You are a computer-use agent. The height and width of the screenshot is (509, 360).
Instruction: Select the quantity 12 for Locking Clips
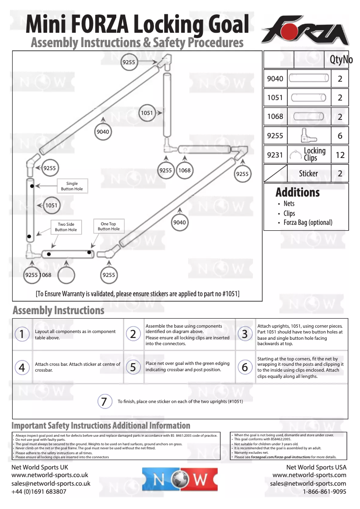pos(340,155)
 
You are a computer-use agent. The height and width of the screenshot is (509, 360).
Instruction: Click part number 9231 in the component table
pos(275,155)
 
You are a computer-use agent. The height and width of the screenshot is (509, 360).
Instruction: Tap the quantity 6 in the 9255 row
pos(340,136)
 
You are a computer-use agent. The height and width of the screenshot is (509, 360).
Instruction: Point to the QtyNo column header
pos(341,60)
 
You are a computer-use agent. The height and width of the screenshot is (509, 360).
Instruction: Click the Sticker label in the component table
pos(308,174)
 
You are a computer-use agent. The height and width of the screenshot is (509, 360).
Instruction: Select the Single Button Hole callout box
pos(72,186)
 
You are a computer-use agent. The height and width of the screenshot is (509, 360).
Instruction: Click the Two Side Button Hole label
pos(66,227)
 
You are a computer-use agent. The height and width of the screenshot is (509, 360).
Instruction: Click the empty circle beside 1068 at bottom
pos(66,275)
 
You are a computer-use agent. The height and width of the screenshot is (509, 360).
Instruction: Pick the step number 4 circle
pos(22,367)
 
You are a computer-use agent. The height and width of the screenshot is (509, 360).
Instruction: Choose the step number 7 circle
pos(104,401)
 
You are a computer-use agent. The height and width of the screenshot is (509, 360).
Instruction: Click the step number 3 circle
pos(245,333)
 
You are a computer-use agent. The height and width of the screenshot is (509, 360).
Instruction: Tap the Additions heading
pos(298,193)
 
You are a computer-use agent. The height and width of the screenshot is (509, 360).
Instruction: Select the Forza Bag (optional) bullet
pos(308,223)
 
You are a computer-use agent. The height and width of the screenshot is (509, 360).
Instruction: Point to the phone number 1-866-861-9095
pos(325,491)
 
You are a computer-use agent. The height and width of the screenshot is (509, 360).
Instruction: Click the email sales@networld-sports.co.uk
pos(51,483)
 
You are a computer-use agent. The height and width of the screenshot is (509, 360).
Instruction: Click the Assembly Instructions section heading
pos(58,310)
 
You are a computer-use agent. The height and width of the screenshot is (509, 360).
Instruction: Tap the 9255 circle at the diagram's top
pos(129,62)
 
